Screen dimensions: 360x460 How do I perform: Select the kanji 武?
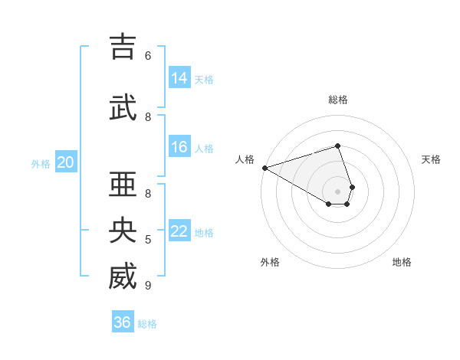pyautogui.click(x=122, y=107)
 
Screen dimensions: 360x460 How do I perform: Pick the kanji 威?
pyautogui.click(x=122, y=277)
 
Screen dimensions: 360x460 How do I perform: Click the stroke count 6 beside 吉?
pyautogui.click(x=148, y=55)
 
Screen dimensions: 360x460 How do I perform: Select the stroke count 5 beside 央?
pyautogui.click(x=148, y=240)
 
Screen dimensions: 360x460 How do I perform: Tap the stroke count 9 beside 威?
pyautogui.click(x=148, y=286)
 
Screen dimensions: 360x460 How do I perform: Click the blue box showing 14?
pyautogui.click(x=179, y=78)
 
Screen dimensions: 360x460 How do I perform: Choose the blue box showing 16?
pyautogui.click(x=179, y=147)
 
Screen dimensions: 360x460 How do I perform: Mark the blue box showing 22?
pyautogui.click(x=179, y=231)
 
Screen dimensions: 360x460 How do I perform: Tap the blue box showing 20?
pyautogui.click(x=66, y=162)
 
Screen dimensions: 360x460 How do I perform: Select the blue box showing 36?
pyautogui.click(x=123, y=322)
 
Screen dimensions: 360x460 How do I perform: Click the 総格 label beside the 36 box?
pyautogui.click(x=148, y=324)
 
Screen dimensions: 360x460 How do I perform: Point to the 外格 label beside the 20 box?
pyautogui.click(x=41, y=164)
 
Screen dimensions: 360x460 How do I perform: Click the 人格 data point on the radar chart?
pyautogui.click(x=264, y=168)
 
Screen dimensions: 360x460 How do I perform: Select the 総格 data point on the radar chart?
pyautogui.click(x=337, y=146)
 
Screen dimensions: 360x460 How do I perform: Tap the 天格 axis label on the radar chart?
pyautogui.click(x=431, y=159)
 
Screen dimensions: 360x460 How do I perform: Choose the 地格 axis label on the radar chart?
pyautogui.click(x=402, y=262)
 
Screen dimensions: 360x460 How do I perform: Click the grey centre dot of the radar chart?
pyautogui.click(x=337, y=191)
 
